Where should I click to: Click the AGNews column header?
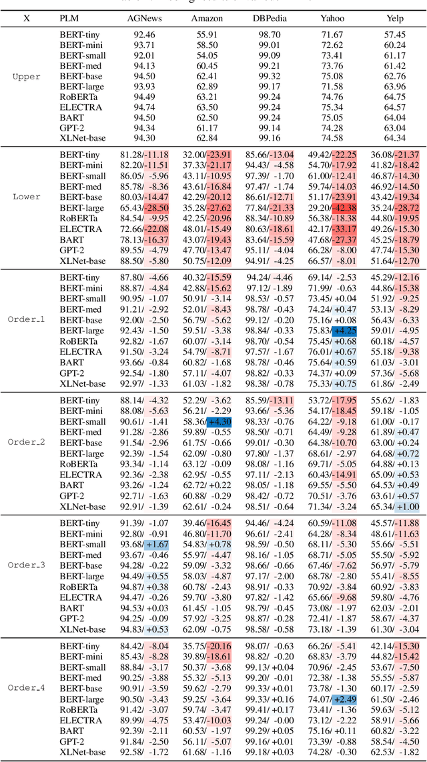pyautogui.click(x=141, y=18)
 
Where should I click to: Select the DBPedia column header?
pyautogui.click(x=269, y=18)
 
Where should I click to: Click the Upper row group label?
pyautogui.click(x=27, y=77)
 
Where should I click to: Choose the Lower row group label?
pyautogui.click(x=27, y=197)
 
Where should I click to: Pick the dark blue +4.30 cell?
pyautogui.click(x=220, y=422)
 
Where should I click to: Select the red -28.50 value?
pyautogui.click(x=156, y=208)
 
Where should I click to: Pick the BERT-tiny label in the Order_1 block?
pyautogui.click(x=79, y=277)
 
